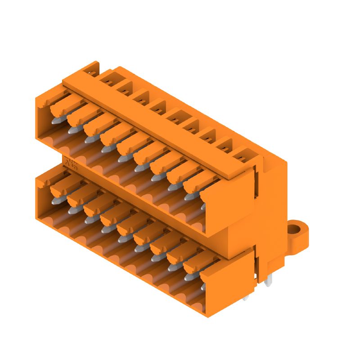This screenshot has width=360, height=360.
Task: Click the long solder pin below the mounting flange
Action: tap(269, 281)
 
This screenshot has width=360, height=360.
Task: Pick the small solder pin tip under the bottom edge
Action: tap(245, 297)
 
